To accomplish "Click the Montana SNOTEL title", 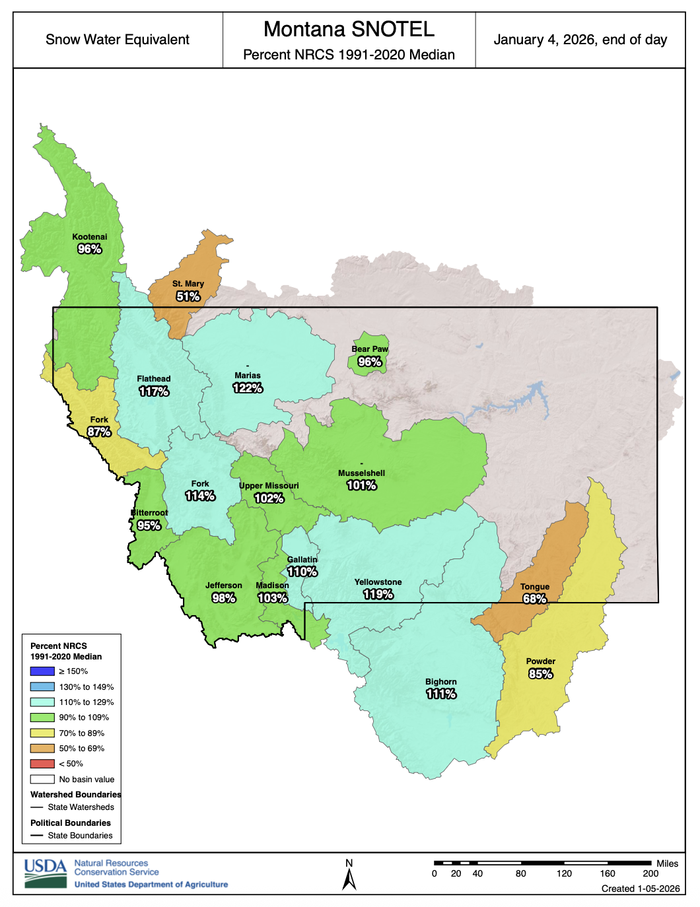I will (x=349, y=30).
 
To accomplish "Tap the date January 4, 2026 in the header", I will (x=580, y=40).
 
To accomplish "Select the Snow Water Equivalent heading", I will (x=118, y=40).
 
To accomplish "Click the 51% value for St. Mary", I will (x=188, y=296).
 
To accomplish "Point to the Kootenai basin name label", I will (x=90, y=237).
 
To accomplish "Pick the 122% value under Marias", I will (x=248, y=388).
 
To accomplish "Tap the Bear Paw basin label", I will (x=370, y=349).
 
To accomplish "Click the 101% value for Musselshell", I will (x=362, y=485).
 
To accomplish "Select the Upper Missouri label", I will (x=269, y=486).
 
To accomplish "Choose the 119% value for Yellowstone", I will (x=378, y=594).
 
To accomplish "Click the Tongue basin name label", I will (x=535, y=587).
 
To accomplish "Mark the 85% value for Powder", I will (x=541, y=674).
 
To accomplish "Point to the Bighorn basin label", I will (x=441, y=682).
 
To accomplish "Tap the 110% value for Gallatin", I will (x=302, y=572).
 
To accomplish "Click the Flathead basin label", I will (x=154, y=379).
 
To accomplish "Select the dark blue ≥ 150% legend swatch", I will (x=42, y=671).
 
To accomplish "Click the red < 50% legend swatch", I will (x=42, y=764).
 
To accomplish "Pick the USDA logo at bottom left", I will (x=46, y=873).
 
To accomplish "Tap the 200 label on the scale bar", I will (x=650, y=873).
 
